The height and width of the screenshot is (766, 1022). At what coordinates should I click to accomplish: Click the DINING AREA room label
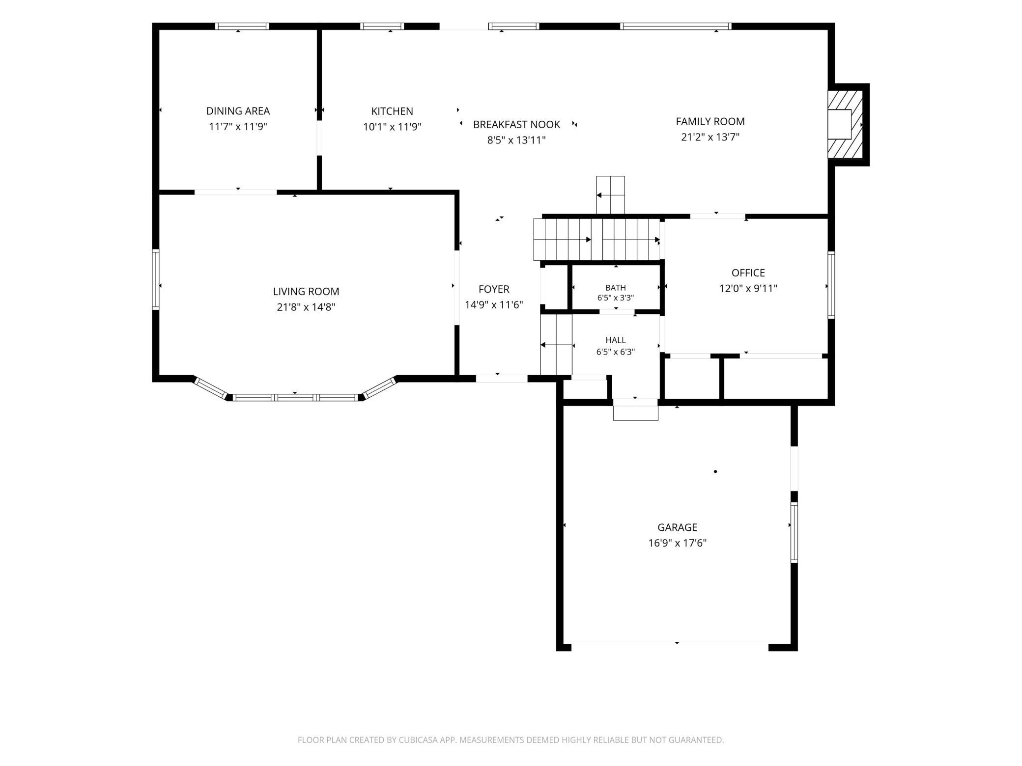click(x=238, y=111)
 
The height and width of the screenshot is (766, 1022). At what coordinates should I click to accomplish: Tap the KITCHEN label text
click(x=392, y=111)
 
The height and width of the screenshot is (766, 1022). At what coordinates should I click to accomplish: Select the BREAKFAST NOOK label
click(x=516, y=124)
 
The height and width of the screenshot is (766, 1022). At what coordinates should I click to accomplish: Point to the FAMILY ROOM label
click(x=710, y=121)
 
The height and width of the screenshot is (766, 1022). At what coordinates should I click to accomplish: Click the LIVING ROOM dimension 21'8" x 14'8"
click(x=306, y=307)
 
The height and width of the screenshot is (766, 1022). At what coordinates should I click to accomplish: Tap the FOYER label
click(x=494, y=289)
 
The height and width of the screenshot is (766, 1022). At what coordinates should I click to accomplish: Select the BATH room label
click(x=616, y=288)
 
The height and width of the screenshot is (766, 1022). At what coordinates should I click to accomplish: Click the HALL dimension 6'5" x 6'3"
click(x=616, y=352)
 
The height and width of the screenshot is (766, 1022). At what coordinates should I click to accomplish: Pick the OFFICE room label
click(x=748, y=273)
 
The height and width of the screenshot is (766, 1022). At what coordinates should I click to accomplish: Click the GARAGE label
click(x=677, y=527)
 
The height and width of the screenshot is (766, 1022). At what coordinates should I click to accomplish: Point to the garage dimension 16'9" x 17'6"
click(x=677, y=543)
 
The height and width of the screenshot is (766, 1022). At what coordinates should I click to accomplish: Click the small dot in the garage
click(x=715, y=471)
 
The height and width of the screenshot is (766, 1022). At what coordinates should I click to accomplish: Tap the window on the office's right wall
click(x=831, y=285)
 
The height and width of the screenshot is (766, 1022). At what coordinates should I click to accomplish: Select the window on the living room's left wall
click(x=156, y=279)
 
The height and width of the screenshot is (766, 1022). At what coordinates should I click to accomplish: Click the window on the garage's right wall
click(x=794, y=532)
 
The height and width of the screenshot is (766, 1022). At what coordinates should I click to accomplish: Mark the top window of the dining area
click(x=242, y=27)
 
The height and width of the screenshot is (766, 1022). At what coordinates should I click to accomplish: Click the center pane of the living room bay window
click(x=295, y=397)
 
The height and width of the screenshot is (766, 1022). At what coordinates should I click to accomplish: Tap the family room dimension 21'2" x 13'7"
click(x=710, y=137)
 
